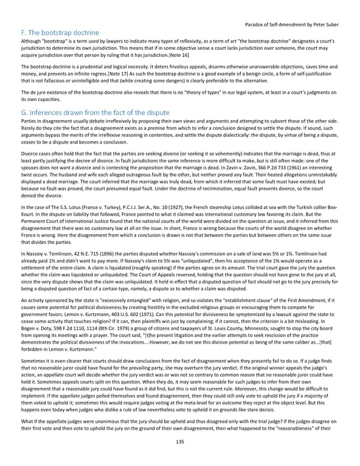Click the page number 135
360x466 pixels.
(179, 458)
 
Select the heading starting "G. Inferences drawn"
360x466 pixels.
(86, 113)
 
